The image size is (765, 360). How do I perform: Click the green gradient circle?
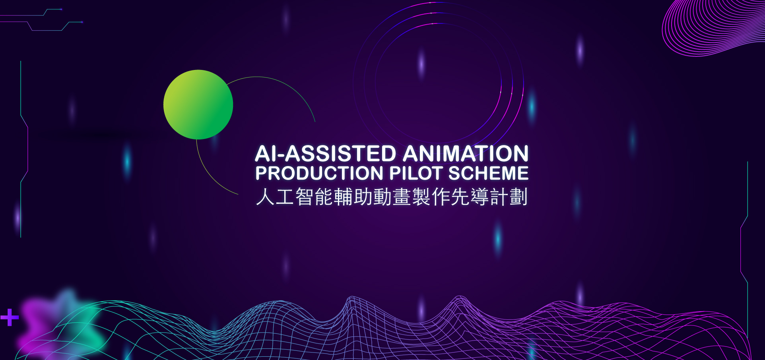198,105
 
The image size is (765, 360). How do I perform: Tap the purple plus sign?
10,317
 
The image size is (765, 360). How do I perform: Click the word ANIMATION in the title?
466,154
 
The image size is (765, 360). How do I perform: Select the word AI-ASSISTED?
326,154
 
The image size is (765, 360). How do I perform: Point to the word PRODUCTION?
320,173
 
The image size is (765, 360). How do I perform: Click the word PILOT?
416,173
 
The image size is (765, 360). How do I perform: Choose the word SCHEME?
489,173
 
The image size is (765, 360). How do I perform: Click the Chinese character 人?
265,197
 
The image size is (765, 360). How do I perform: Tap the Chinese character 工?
285,197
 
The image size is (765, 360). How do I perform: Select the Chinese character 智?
304,197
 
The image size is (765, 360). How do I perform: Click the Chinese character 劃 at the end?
518,197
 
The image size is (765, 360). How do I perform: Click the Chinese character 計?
499,197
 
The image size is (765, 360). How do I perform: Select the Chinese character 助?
363,197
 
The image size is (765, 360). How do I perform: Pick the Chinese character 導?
480,197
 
